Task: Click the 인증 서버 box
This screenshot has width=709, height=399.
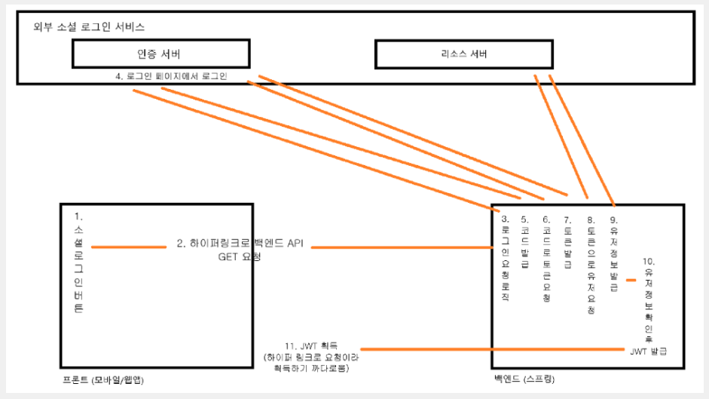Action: (160, 54)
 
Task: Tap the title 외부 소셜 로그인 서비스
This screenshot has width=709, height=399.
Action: (89, 26)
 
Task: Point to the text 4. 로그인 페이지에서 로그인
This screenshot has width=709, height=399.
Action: (171, 76)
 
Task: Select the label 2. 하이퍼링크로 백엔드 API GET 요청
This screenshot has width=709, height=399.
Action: (239, 250)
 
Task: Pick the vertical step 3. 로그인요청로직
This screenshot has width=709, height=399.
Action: (505, 260)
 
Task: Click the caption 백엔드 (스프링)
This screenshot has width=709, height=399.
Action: (527, 379)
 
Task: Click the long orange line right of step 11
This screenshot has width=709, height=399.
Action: (490, 348)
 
